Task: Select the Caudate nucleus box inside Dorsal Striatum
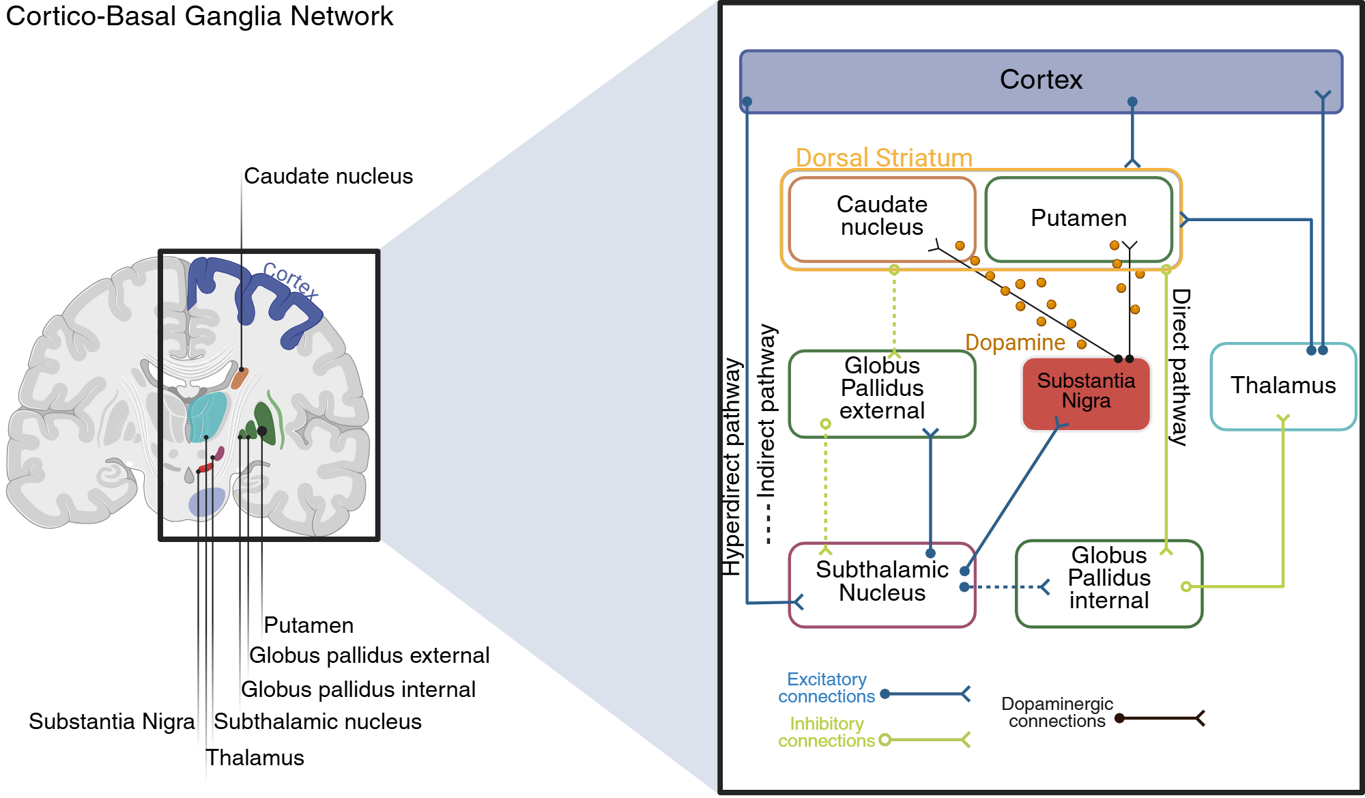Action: [881, 216]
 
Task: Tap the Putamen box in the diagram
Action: [1078, 218]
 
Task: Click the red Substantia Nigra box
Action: [1086, 392]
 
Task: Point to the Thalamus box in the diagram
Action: [1282, 386]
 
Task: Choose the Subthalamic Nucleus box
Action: [882, 582]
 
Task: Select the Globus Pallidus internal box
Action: [1108, 578]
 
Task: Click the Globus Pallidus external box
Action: [882, 389]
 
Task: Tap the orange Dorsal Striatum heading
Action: [884, 158]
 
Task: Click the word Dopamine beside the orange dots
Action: [1015, 343]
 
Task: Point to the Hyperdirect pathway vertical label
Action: [732, 467]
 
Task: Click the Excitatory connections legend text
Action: [827, 688]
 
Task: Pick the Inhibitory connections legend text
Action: [827, 732]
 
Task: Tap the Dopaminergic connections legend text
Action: [1057, 713]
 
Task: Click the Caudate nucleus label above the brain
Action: [328, 176]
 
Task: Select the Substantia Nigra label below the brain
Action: [111, 722]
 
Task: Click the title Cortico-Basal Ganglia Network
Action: [199, 16]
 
